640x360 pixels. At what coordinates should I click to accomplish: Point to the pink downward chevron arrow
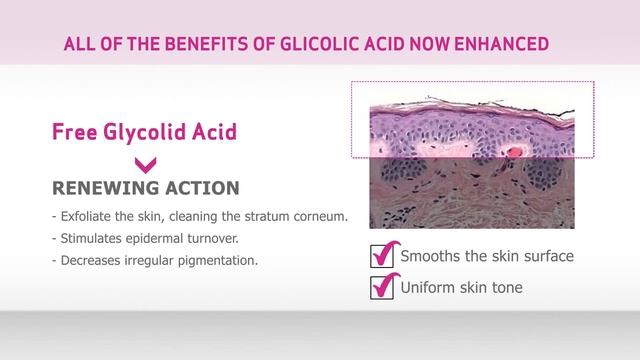click(x=146, y=163)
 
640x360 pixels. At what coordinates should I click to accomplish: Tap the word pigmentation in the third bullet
click(x=219, y=261)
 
